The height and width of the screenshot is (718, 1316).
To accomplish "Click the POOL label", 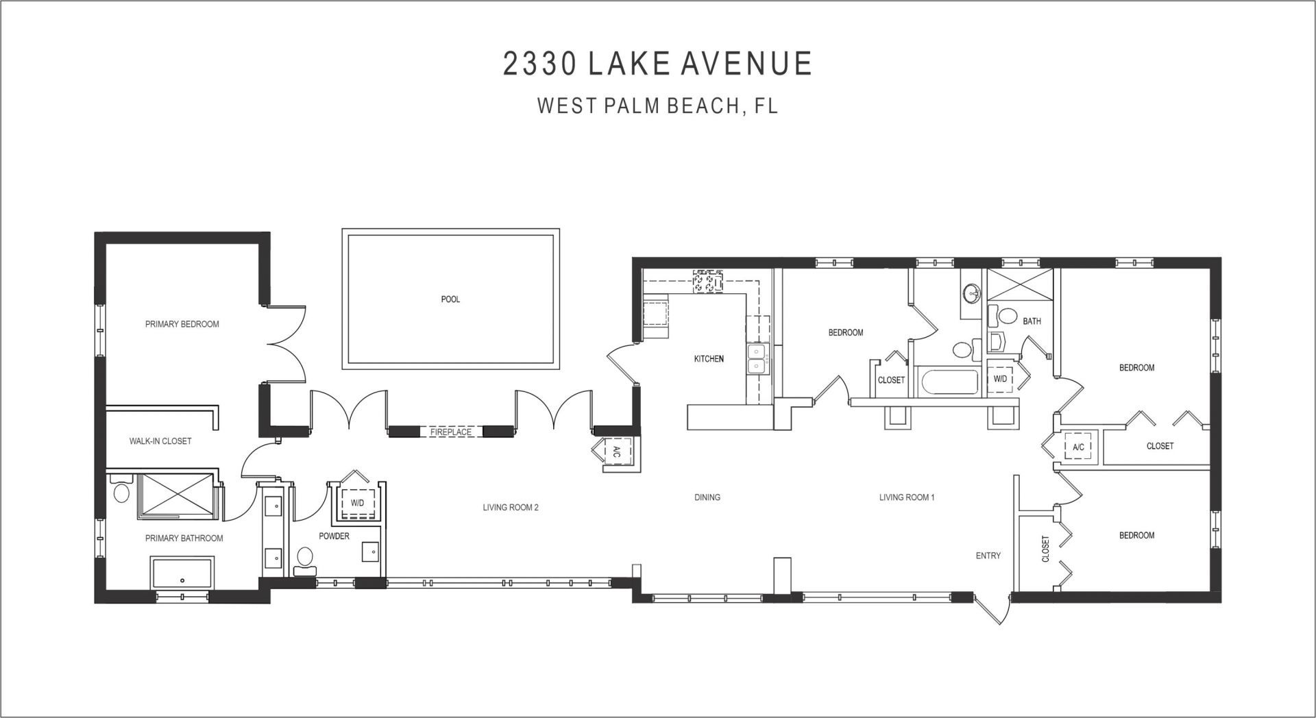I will [x=450, y=299].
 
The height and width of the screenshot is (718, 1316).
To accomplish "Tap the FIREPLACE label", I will [x=450, y=432].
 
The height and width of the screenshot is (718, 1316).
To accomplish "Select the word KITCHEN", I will [x=709, y=359].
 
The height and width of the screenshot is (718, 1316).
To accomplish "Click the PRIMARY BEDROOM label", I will [x=182, y=324].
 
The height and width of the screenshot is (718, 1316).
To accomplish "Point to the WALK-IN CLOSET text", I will [x=160, y=441].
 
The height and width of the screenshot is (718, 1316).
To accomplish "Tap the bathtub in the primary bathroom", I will [x=182, y=573].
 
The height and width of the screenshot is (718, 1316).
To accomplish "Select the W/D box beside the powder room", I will [x=358, y=503].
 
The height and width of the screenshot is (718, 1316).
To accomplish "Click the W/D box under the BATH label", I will [x=1000, y=379].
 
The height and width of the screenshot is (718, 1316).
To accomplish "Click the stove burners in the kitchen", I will [x=707, y=282].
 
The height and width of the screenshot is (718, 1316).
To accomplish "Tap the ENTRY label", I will [x=988, y=556].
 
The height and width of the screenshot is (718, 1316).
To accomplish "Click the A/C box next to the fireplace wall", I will [x=616, y=451].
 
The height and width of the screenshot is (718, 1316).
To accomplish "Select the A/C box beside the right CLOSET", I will [x=1077, y=447].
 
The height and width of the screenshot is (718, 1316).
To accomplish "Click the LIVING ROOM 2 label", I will [x=511, y=508].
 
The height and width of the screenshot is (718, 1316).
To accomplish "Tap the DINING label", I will [x=707, y=497].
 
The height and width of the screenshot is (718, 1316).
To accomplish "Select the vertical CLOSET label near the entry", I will [x=1045, y=549].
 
